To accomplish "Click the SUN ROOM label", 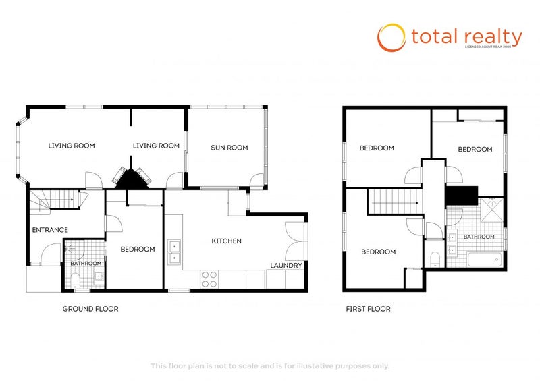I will pos(229,148).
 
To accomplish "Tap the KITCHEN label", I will pos(226,241).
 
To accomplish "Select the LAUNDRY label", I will pos(286,265).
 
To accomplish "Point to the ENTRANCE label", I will pos(49,230).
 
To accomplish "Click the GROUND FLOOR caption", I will pos(90,309).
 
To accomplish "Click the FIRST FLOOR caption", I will pos(368,309).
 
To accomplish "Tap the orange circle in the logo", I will pos(391,38).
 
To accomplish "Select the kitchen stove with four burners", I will pos(209,279).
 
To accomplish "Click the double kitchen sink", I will pos(174,250).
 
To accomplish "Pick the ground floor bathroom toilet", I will pos(74,279).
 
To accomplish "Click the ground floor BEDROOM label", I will pos(137,249).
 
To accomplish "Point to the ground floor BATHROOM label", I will pos(86,264).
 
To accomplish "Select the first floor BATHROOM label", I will pos(479,237).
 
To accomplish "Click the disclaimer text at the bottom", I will pos(269,365).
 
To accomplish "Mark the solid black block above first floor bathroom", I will pos(461,195).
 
